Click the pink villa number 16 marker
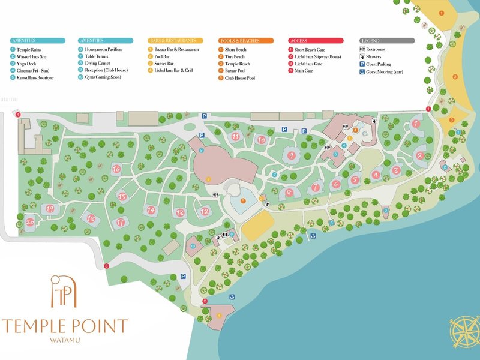tap(116, 169)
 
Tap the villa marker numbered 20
tap(29, 222)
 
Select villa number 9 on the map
tap(292, 155)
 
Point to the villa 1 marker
tap(415, 125)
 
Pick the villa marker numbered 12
tap(205, 211)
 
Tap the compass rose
tap(463, 332)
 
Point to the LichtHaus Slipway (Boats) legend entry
tap(318, 56)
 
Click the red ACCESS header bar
tap(316, 40)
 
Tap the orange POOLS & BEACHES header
tap(246, 40)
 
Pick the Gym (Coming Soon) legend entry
tap(102, 78)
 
